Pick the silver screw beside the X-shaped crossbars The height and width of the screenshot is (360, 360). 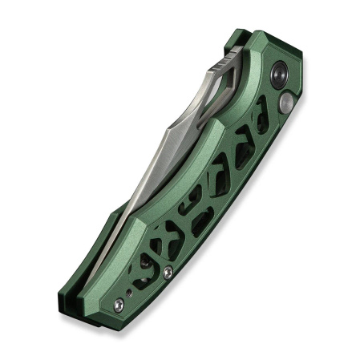[167, 273]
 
